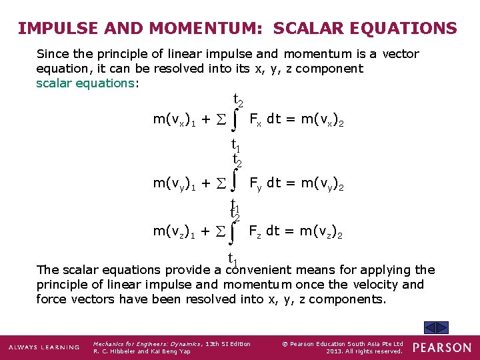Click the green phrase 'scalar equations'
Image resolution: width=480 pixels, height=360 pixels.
pos(85,83)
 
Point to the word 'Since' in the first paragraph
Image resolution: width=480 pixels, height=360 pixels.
pos(53,54)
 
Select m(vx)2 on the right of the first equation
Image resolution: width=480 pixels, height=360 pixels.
pos(322,120)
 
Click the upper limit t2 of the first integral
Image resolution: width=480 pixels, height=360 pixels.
pos(237,101)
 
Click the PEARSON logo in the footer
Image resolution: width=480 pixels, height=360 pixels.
pos(441,347)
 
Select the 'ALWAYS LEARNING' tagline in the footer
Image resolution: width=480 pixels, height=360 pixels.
pos(44,347)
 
